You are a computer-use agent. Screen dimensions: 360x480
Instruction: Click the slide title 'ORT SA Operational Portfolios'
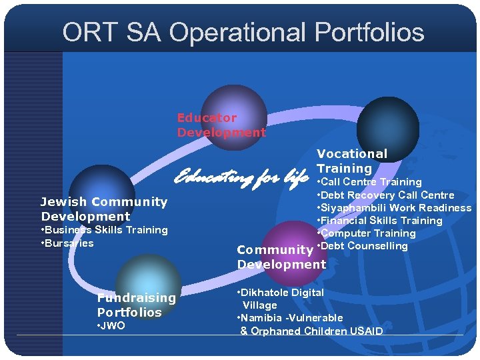tap(243, 32)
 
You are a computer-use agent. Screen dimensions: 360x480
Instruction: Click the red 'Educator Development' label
tap(221, 125)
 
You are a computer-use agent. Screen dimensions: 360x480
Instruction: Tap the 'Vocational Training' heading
tap(351, 161)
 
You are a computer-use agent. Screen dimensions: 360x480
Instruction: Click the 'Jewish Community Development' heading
tap(104, 209)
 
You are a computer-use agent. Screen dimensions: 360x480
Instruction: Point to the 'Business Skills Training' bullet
tap(105, 230)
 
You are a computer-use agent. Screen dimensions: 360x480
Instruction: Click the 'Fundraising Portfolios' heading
tap(136, 305)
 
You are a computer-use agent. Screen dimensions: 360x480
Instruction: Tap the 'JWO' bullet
tap(112, 326)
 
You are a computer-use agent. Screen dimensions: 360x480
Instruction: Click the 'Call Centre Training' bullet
tap(371, 182)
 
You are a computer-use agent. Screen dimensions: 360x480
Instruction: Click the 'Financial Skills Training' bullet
tap(381, 221)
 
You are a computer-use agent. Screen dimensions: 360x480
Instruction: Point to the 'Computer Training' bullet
tap(368, 233)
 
